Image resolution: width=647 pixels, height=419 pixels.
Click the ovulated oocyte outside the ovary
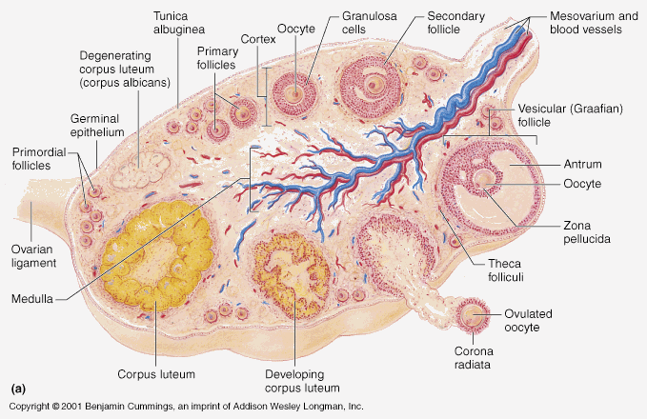tap(473, 314)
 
